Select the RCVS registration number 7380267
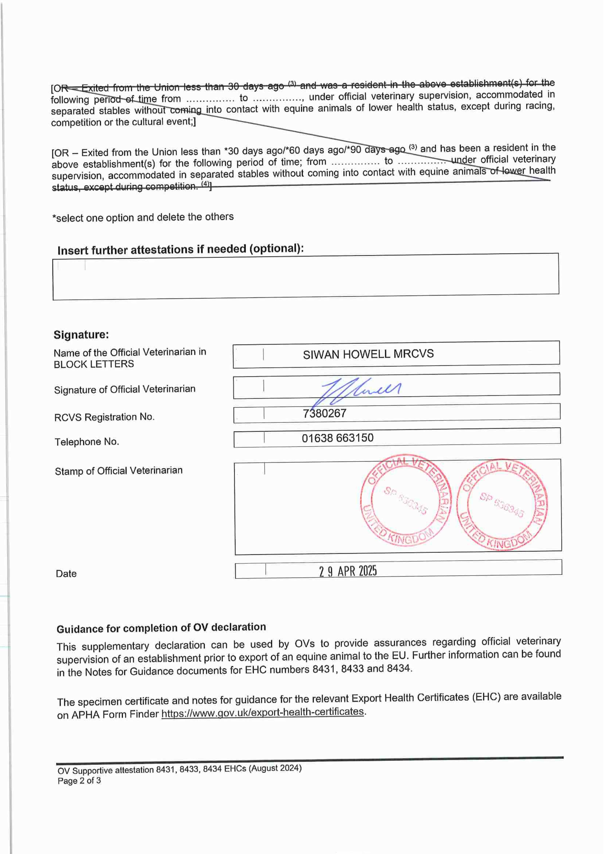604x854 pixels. point(324,413)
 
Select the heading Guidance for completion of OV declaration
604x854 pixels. point(161,628)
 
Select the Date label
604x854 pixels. point(66,574)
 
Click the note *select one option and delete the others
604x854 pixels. point(143,217)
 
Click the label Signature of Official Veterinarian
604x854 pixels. point(125,389)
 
